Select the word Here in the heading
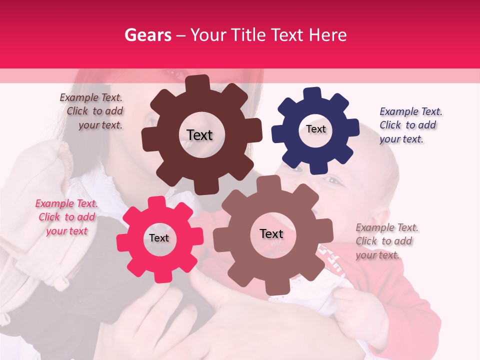pos(327,35)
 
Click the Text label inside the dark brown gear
pos(199,135)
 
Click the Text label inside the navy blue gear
pos(315,129)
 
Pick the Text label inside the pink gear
pos(159,238)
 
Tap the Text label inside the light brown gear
pos(271,234)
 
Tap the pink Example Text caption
pos(67,217)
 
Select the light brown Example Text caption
pos(386,241)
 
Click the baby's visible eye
pos(332,180)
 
